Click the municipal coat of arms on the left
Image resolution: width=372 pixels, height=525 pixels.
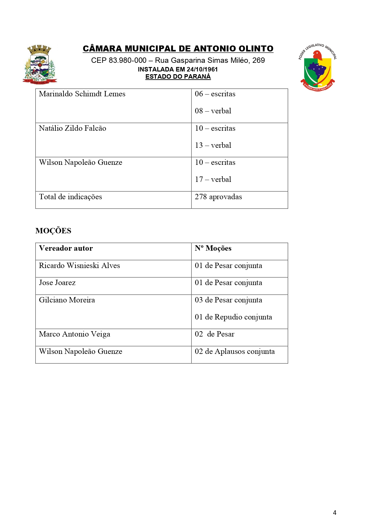click(x=40, y=65)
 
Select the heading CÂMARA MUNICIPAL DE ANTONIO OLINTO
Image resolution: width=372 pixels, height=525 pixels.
click(x=178, y=49)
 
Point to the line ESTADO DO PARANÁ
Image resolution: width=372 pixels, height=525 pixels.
click(x=178, y=77)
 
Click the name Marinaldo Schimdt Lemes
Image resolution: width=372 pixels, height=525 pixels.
click(x=82, y=94)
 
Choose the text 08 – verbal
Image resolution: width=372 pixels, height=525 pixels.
click(x=213, y=111)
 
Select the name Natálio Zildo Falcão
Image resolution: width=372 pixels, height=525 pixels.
click(x=73, y=128)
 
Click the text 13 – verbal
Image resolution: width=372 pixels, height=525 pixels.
click(x=213, y=145)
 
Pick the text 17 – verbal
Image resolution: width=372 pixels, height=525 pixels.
click(x=213, y=179)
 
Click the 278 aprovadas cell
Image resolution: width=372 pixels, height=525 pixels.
click(x=218, y=197)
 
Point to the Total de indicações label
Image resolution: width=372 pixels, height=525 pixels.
click(x=70, y=197)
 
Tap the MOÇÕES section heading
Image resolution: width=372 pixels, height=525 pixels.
click(x=53, y=231)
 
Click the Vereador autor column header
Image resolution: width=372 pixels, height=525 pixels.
click(x=66, y=248)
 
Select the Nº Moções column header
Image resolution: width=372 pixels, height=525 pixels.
click(x=213, y=248)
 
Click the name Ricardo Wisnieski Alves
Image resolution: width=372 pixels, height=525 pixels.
click(x=79, y=266)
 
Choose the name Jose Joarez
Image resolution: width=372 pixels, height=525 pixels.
click(x=57, y=283)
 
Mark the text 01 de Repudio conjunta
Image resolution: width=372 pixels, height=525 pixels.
click(x=233, y=317)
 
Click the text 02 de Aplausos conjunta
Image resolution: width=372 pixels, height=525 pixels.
click(x=235, y=351)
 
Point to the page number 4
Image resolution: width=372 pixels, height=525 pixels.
click(x=335, y=513)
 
